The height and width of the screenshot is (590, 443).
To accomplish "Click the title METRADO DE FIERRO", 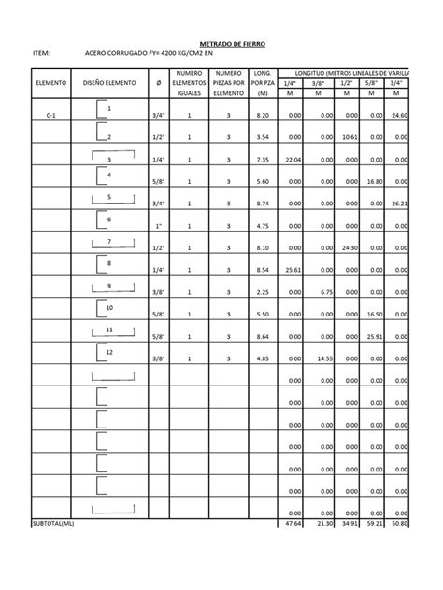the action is click(234, 43).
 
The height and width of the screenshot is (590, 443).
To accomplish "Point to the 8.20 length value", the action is click(263, 115).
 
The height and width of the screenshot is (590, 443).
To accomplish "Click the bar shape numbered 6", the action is click(109, 220).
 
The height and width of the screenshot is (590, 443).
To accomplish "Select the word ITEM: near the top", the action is click(40, 55).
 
